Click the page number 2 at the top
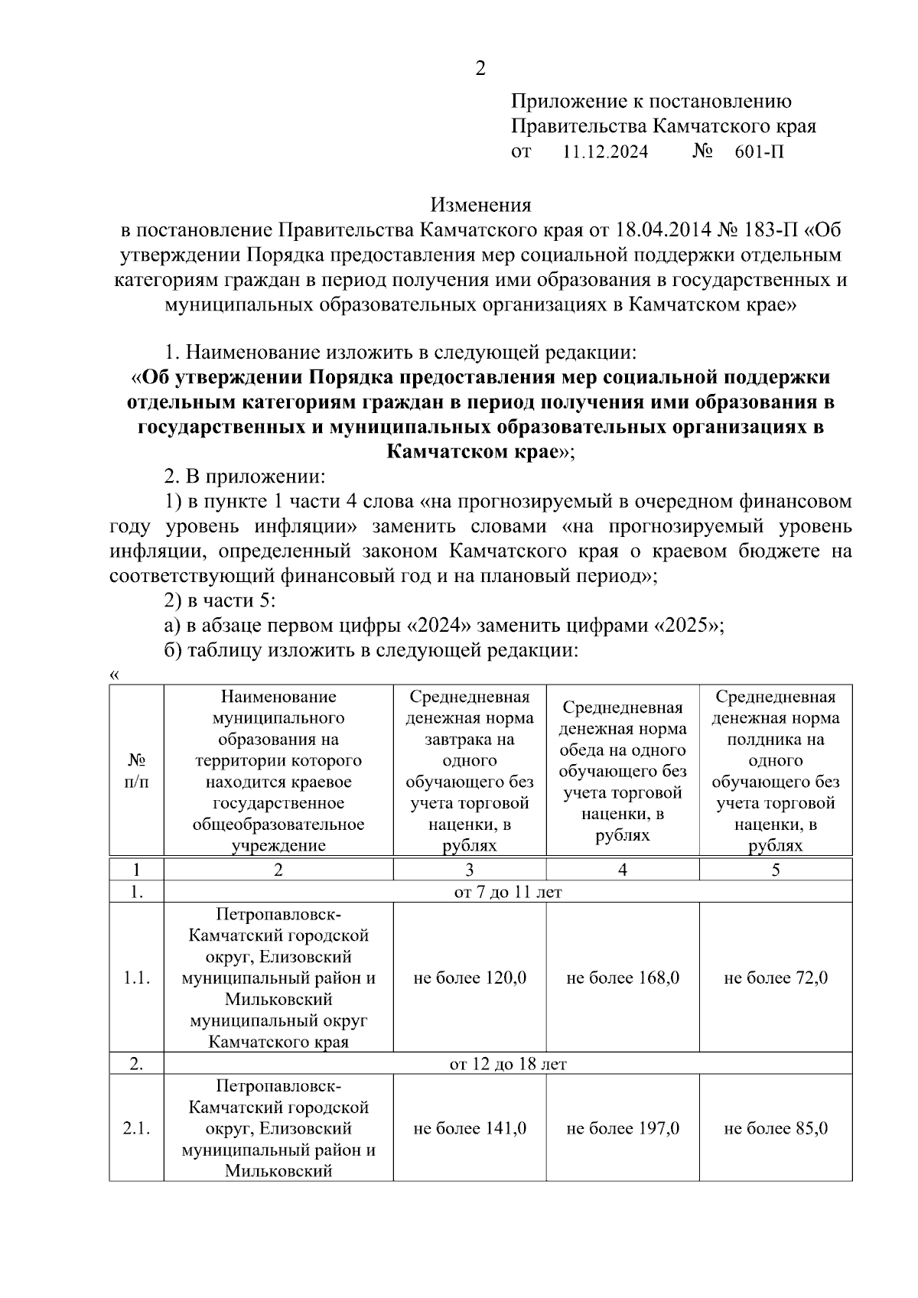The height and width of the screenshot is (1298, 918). pyautogui.click(x=480, y=69)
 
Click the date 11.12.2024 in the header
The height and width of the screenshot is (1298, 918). pyautogui.click(x=605, y=151)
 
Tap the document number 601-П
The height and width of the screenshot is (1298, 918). pyautogui.click(x=759, y=151)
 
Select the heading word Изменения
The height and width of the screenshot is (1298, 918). pyautogui.click(x=480, y=205)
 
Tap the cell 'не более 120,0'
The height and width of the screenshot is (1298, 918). pyautogui.click(x=470, y=978)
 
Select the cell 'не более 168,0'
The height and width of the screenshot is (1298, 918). pyautogui.click(x=623, y=978)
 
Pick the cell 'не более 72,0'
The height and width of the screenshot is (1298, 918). pyautogui.click(x=776, y=978)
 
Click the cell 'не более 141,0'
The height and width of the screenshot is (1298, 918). pyautogui.click(x=470, y=1128)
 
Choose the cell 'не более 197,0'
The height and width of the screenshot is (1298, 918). pyautogui.click(x=623, y=1128)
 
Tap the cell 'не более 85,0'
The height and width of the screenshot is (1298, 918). pyautogui.click(x=776, y=1128)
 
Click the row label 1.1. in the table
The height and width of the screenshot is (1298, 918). pyautogui.click(x=136, y=978)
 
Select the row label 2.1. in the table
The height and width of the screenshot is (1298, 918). pyautogui.click(x=136, y=1128)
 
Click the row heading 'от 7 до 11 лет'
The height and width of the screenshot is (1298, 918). pyautogui.click(x=508, y=892)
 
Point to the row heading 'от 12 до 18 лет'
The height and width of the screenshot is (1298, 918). pyautogui.click(x=508, y=1064)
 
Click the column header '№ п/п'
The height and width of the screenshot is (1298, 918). pyautogui.click(x=136, y=771)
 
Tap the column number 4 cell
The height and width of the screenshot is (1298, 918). pyautogui.click(x=623, y=870)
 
